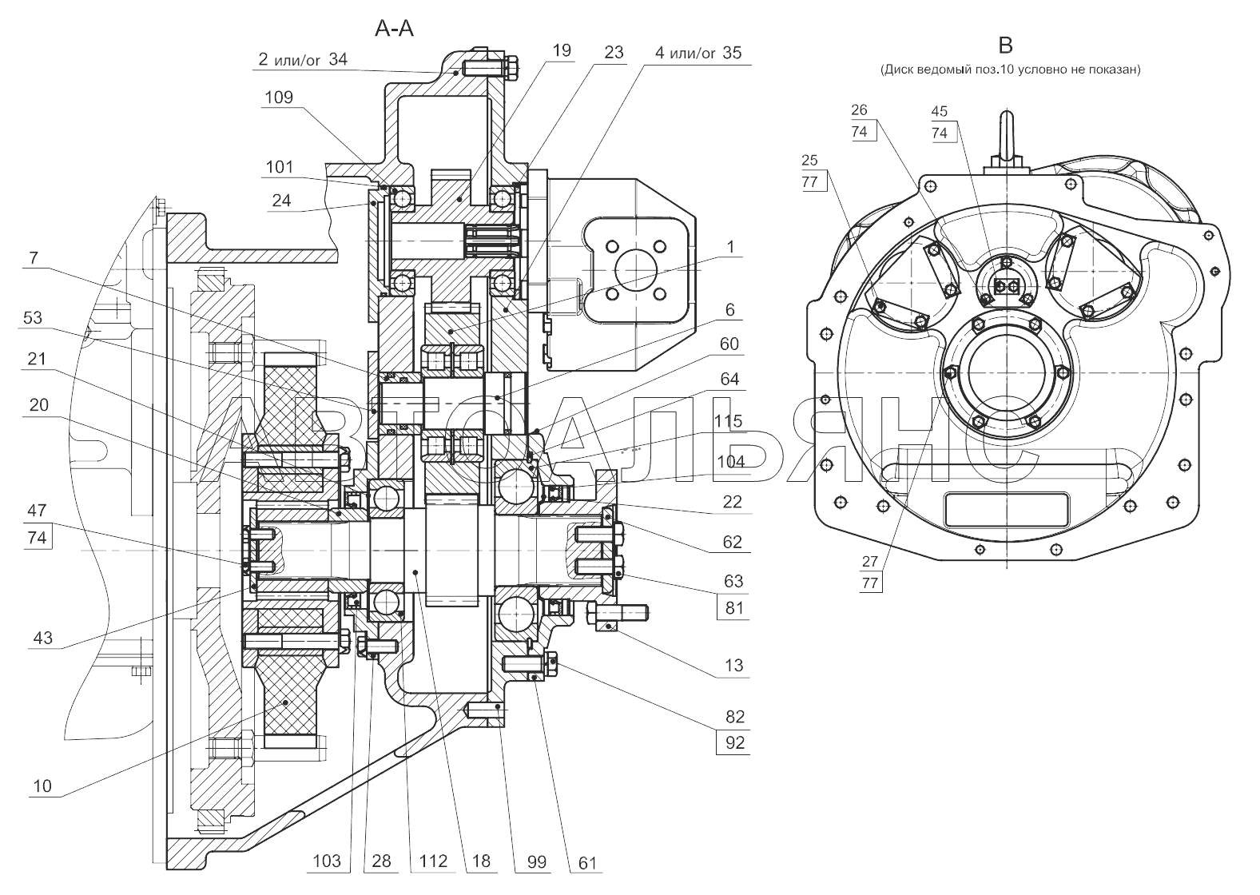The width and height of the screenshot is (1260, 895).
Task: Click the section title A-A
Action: (395, 28)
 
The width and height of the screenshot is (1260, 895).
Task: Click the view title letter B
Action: (1004, 45)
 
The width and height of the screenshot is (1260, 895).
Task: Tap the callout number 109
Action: (279, 97)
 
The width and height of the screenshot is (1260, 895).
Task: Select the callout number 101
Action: (280, 167)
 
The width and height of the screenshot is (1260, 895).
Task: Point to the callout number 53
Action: (33, 318)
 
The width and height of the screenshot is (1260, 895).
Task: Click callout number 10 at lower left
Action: (42, 786)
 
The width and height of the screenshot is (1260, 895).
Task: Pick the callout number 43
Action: (43, 638)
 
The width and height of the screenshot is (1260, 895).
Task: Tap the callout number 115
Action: (729, 421)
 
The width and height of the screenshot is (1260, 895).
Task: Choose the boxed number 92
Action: (734, 743)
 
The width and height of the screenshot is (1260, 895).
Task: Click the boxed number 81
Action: (734, 608)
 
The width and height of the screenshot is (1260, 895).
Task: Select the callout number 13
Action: (734, 666)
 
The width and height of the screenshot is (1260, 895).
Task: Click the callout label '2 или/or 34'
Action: (303, 60)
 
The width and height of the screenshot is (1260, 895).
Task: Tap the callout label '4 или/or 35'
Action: (698, 53)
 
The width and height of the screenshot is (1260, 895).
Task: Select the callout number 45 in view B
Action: (940, 111)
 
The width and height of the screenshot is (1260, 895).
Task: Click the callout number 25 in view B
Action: (809, 161)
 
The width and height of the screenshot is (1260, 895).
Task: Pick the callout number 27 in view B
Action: (870, 562)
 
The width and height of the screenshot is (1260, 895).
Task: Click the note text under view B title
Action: (1010, 70)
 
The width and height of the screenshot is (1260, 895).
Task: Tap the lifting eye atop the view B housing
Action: (1006, 140)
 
